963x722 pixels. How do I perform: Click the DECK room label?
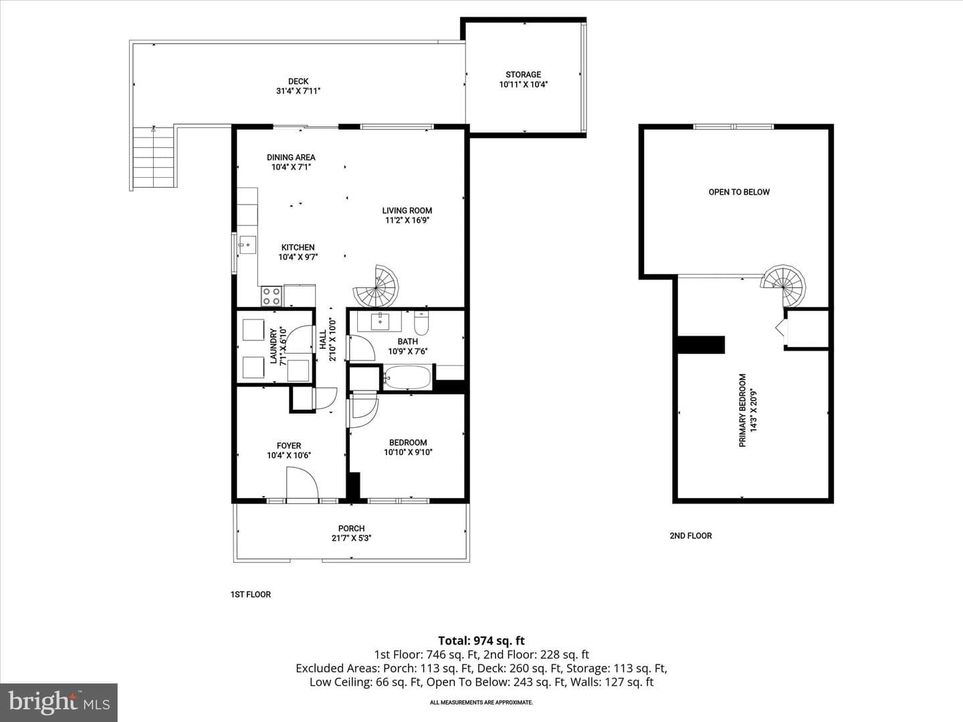pos(298,81)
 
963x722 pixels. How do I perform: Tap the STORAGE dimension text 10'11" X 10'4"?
pos(524,85)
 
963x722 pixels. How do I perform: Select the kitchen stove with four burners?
pos(271,296)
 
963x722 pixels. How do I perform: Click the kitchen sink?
pos(247,245)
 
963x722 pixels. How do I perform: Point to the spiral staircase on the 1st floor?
pos(377,286)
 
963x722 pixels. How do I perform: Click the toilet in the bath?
pos(421,323)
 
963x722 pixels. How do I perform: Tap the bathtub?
pos(407,377)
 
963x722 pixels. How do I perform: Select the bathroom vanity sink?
pos(380,322)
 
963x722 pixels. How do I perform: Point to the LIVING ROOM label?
pos(407,211)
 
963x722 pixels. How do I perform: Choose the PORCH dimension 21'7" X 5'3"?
pos(351,538)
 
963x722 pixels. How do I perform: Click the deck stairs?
pos(154,157)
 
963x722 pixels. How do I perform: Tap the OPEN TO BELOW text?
pos(739,192)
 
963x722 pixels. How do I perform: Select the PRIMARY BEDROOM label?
pos(742,410)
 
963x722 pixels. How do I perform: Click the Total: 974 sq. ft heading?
pos(481,641)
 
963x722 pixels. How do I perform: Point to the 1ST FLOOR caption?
pos(251,594)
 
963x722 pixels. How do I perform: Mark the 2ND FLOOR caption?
pos(691,535)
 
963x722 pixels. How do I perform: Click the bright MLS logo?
pos(59,702)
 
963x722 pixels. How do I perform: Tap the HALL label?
pos(323,340)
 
